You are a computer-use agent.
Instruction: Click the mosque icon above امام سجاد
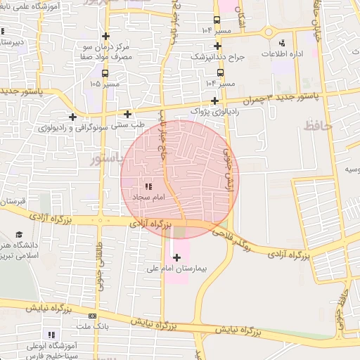click(x=148, y=186)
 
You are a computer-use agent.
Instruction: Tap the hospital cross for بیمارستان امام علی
click(x=176, y=257)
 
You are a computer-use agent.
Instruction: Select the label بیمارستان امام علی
click(x=179, y=269)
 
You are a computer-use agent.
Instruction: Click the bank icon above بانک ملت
click(x=93, y=317)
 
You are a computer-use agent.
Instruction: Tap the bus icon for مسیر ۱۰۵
click(x=105, y=73)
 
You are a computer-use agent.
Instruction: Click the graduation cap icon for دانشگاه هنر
click(x=18, y=235)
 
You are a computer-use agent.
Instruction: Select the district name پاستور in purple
click(x=107, y=160)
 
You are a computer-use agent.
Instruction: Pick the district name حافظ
click(x=317, y=126)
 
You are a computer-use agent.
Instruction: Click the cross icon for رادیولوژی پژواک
click(x=214, y=101)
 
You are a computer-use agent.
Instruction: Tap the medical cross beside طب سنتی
click(x=127, y=114)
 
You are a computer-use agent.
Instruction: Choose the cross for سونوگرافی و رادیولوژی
click(x=72, y=117)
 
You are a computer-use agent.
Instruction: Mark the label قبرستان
click(x=13, y=202)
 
